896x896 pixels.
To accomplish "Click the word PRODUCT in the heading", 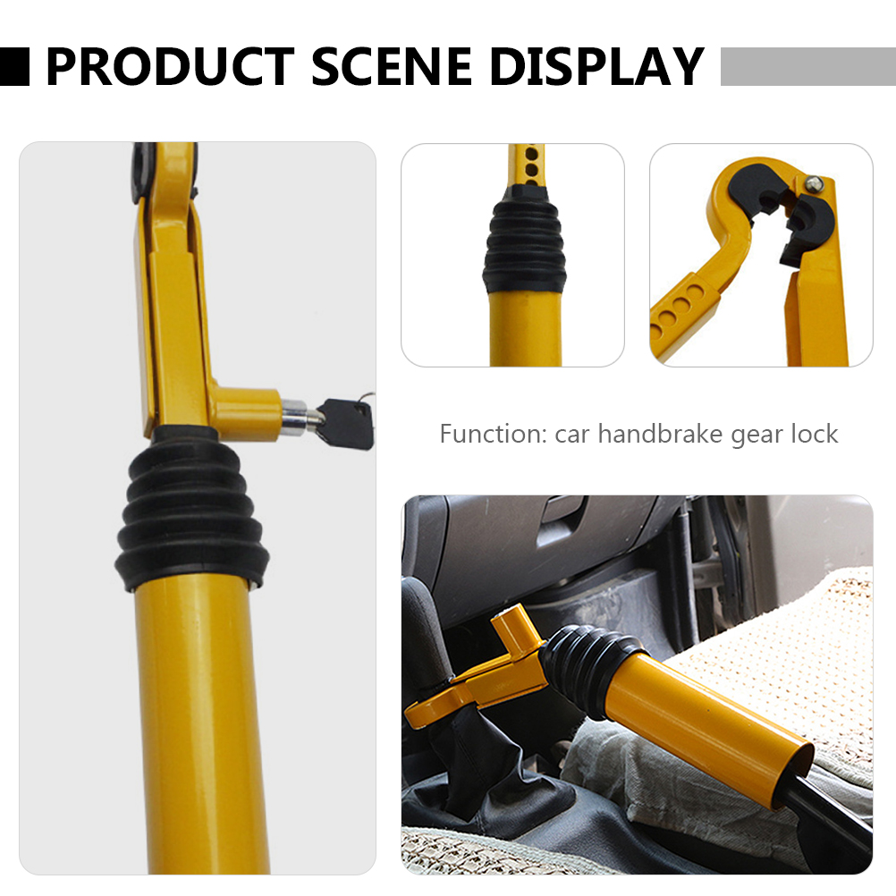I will [x=169, y=66].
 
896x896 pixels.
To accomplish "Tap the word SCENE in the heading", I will [x=393, y=66].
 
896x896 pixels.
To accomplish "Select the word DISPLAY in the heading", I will [x=597, y=66].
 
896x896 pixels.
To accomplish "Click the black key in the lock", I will [x=346, y=421].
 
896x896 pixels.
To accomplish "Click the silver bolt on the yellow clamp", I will [x=815, y=183].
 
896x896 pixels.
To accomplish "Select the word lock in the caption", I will [x=814, y=435].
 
